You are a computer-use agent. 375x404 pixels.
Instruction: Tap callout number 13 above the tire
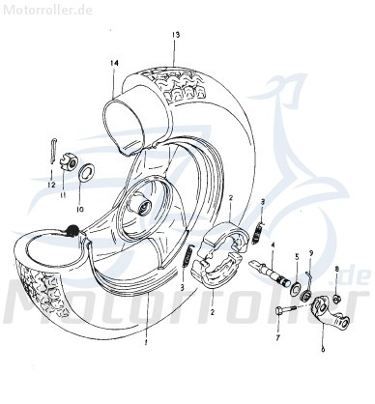pos(176,35)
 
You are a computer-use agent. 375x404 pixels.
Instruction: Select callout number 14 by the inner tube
pos(114,64)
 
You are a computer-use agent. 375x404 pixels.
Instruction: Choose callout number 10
pos(80,208)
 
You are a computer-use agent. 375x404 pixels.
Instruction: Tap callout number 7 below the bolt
pos(276,341)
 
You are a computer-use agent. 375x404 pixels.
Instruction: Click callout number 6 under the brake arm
pos(322,351)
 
